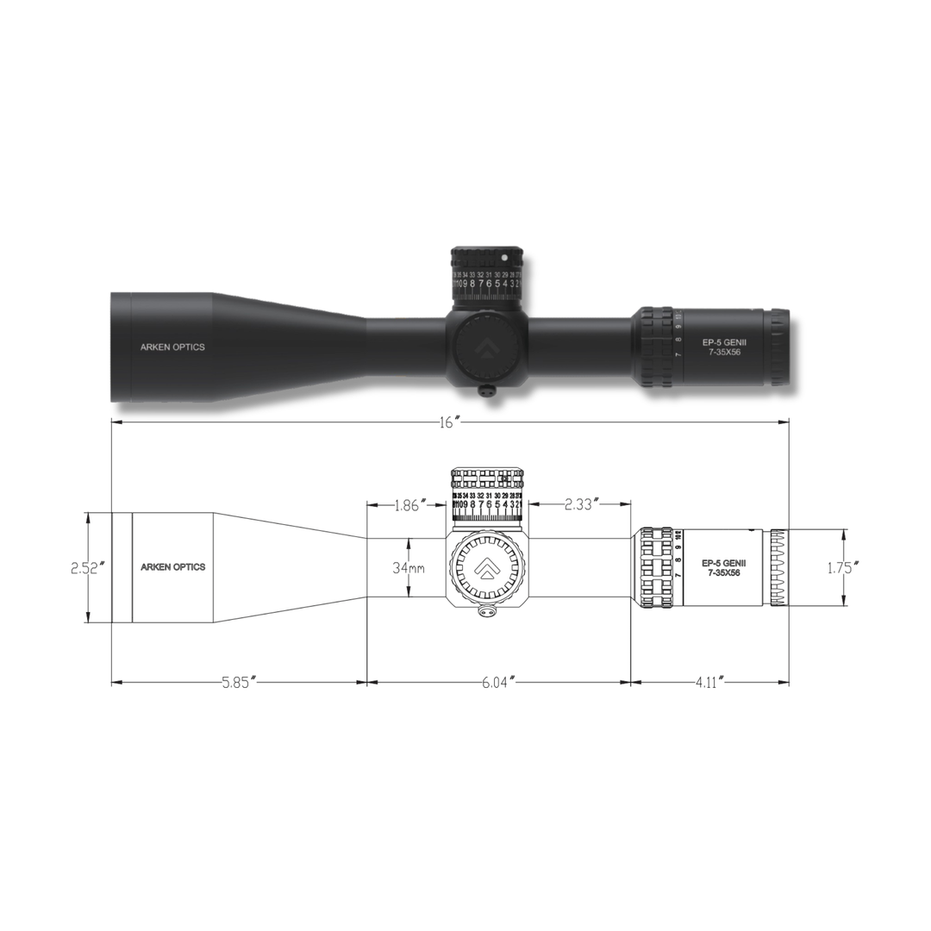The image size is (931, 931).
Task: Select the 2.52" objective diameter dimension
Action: point(87,568)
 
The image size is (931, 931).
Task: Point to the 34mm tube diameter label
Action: point(409,568)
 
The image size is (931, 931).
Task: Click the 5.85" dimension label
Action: point(240,682)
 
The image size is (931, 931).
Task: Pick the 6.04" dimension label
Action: point(499,682)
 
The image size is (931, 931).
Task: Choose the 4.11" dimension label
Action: point(709,682)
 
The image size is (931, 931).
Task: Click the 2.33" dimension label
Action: point(582,505)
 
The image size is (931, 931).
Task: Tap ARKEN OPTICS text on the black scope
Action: point(172,347)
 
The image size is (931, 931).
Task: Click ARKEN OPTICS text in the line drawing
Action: point(172,567)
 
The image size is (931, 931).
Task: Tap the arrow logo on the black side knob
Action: point(487,347)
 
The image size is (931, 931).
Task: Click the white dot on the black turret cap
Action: point(504,257)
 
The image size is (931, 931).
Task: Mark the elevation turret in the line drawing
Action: point(487,496)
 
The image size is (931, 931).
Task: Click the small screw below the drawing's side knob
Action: point(488,611)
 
